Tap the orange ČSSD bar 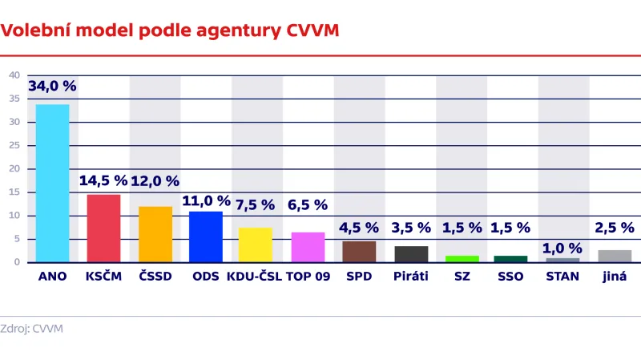pyautogui.click(x=155, y=233)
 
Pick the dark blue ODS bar pyautogui.click(x=206, y=236)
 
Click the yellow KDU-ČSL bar pyautogui.click(x=256, y=245)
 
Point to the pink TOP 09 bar pyautogui.click(x=308, y=247)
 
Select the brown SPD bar pyautogui.click(x=359, y=251)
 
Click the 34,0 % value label pyautogui.click(x=52, y=86)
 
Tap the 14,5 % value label pyautogui.click(x=103, y=180)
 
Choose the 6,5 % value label pyautogui.click(x=308, y=205)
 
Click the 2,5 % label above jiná pyautogui.click(x=614, y=228)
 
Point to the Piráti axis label pyautogui.click(x=411, y=277)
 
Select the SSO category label pyautogui.click(x=510, y=277)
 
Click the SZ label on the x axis pyautogui.click(x=462, y=277)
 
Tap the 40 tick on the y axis pyautogui.click(x=14, y=75)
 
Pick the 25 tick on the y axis pyautogui.click(x=14, y=145)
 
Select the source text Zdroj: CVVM pyautogui.click(x=31, y=329)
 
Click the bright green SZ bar pyautogui.click(x=462, y=258)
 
